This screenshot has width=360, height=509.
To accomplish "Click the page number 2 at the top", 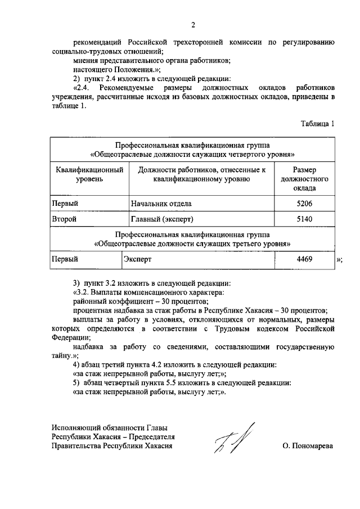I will pyautogui.click(x=193, y=24).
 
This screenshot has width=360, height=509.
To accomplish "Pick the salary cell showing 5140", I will pyautogui.click(x=304, y=218).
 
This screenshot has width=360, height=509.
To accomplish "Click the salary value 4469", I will pyautogui.click(x=304, y=259).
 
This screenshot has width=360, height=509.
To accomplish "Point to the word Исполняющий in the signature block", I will pyautogui.click(x=75, y=428).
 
